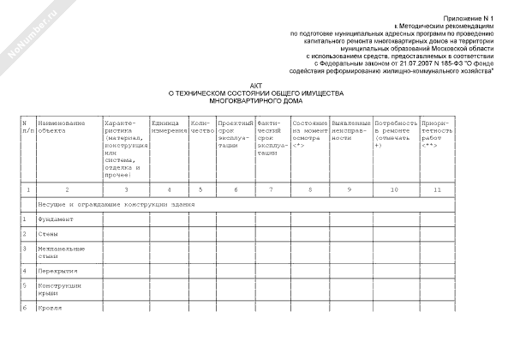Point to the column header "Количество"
pyautogui.click(x=201, y=128)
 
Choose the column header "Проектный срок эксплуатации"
pyautogui.click(x=233, y=135)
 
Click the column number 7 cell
pyautogui.click(x=271, y=189)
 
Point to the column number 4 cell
pyautogui.click(x=169, y=189)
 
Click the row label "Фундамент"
pyautogui.click(x=55, y=219)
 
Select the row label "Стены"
pyautogui.click(x=47, y=234)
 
